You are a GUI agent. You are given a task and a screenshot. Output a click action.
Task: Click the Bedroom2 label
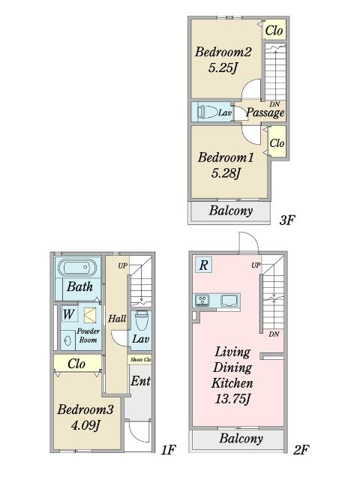tap(223, 52)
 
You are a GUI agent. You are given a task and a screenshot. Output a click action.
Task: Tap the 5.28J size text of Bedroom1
tap(226, 174)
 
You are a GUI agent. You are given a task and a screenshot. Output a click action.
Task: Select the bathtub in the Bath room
tap(77, 268)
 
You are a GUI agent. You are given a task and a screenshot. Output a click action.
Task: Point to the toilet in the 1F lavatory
tap(140, 320)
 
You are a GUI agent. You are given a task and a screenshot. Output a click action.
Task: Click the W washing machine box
tap(68, 313)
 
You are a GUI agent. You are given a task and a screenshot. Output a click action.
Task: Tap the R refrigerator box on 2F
tap(203, 264)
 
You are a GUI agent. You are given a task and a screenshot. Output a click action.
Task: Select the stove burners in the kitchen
tap(202, 301)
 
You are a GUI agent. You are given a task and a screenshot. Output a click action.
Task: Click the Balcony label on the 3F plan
tap(230, 211)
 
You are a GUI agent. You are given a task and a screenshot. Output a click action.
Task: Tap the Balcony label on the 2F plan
tap(241, 439)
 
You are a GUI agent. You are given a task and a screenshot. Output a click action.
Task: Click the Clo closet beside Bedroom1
tap(277, 142)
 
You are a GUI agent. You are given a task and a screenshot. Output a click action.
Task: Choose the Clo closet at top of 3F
tap(274, 30)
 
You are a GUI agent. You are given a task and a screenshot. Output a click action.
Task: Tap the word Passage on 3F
tap(265, 112)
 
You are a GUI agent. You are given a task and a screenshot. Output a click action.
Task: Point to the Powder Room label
tap(88, 335)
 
